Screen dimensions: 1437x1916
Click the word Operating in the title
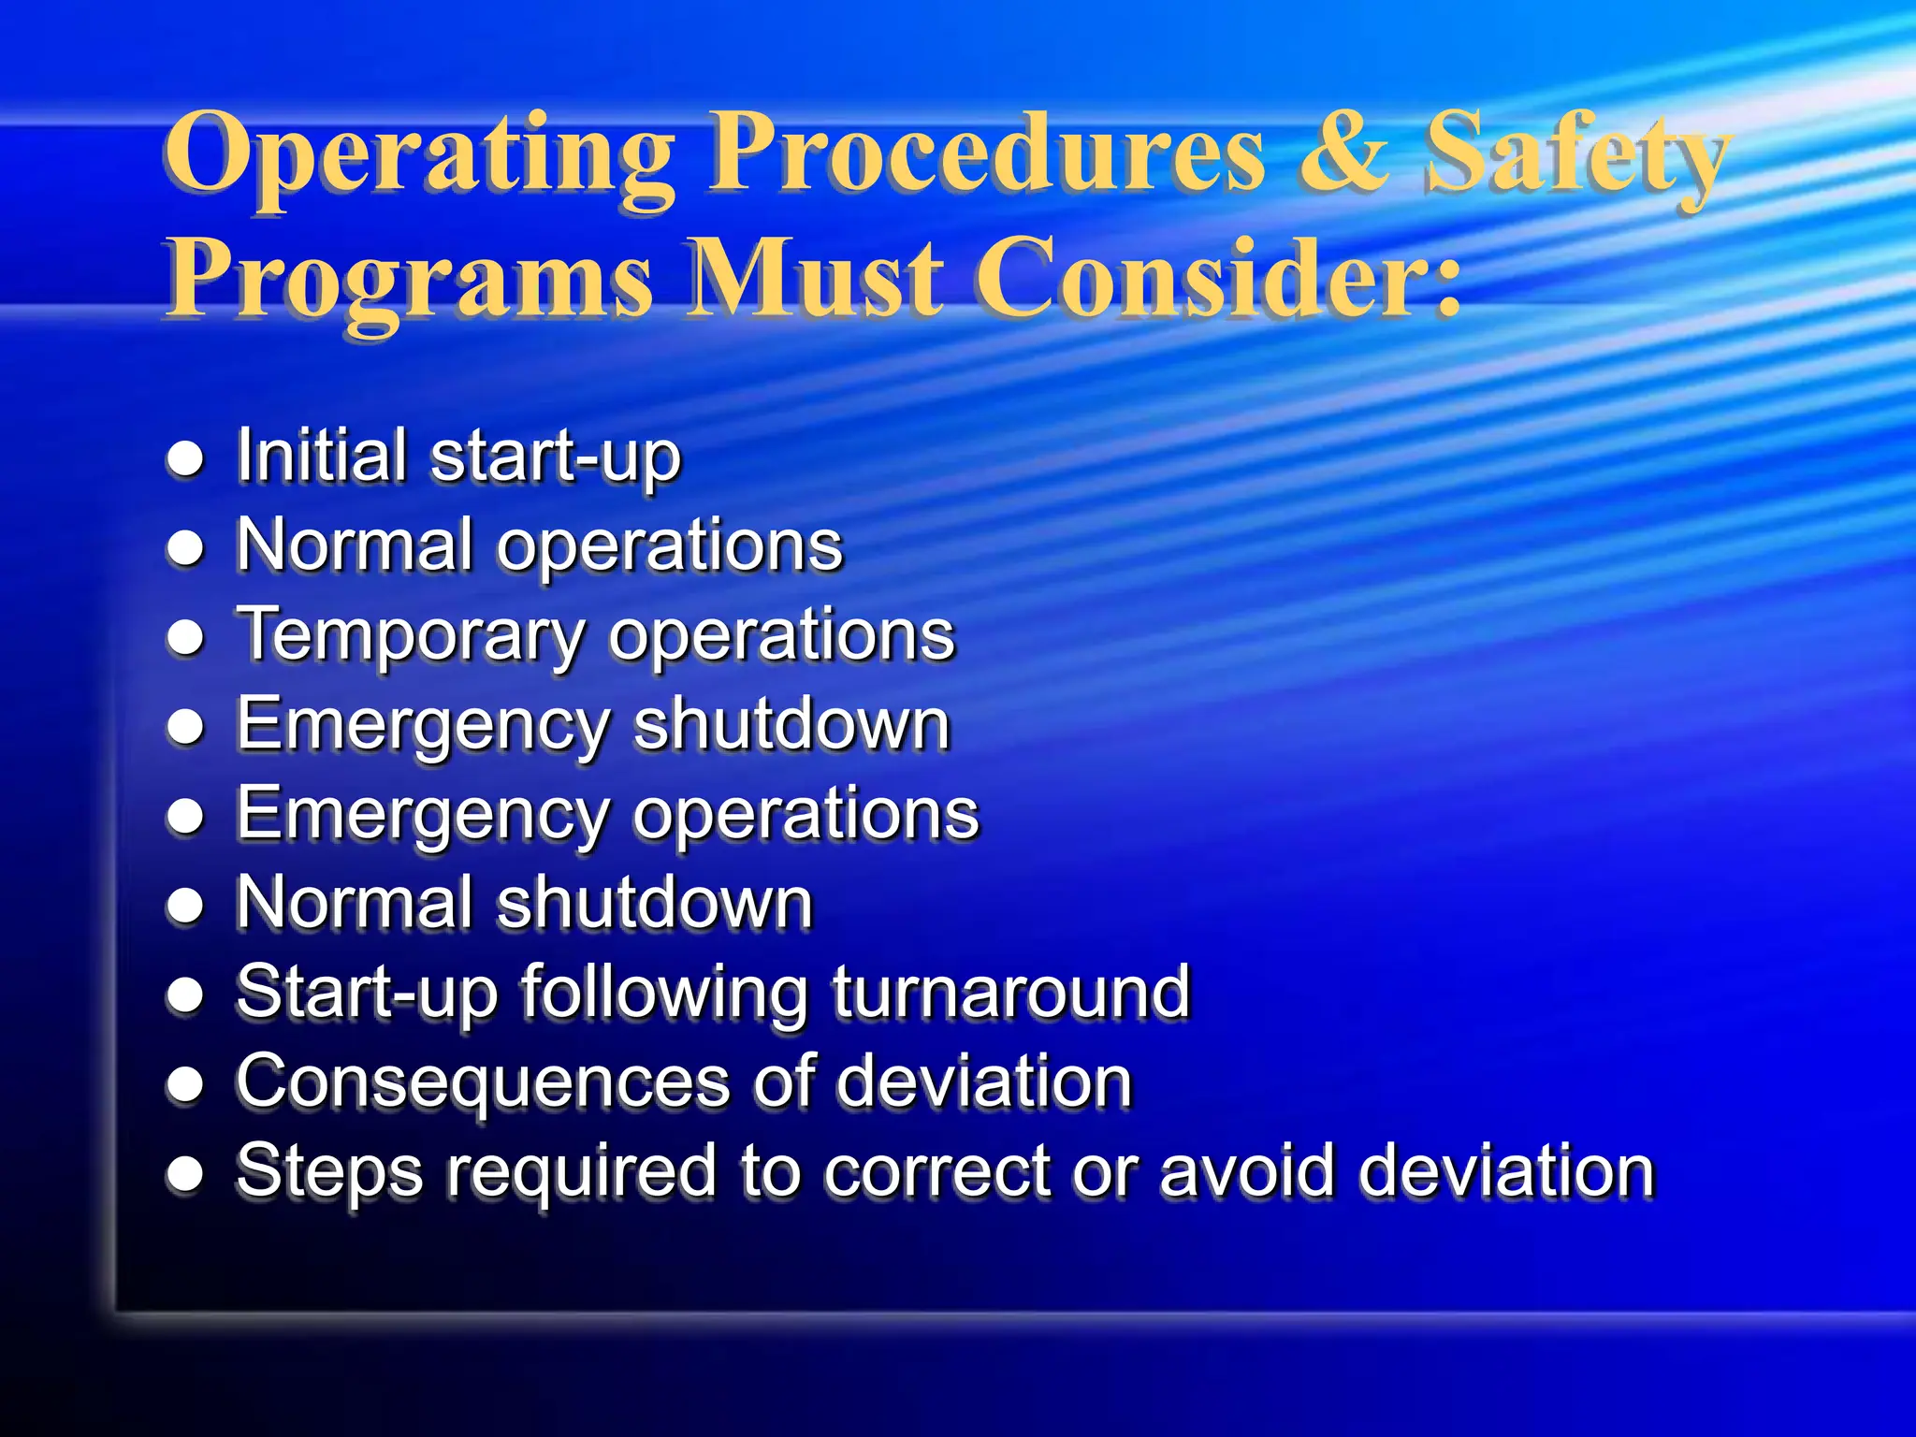click(x=419, y=155)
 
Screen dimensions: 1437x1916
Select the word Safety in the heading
click(x=1577, y=155)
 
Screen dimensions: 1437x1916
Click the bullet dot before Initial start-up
click(x=185, y=458)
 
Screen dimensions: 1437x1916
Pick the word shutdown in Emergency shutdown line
click(x=791, y=724)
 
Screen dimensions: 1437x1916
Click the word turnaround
click(x=1010, y=992)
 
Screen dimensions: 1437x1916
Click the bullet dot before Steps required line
click(x=185, y=1173)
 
